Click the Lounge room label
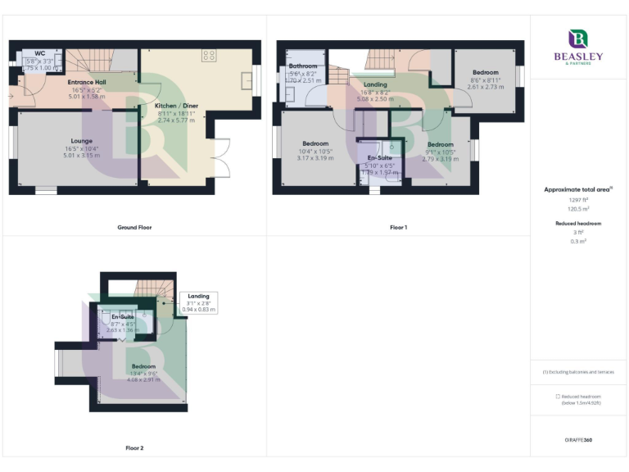pos(81,140)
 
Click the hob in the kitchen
pos(208,56)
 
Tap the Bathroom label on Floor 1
pos(302,66)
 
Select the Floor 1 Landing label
pos(375,84)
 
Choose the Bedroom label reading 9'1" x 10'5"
pos(440,144)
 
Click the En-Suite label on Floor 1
pos(379,157)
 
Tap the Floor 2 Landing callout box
pos(198,302)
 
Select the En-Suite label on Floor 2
pos(123,316)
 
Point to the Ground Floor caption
pos(134,227)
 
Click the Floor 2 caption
pos(134,448)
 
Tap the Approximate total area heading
pos(578,189)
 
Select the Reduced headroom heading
pos(578,223)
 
